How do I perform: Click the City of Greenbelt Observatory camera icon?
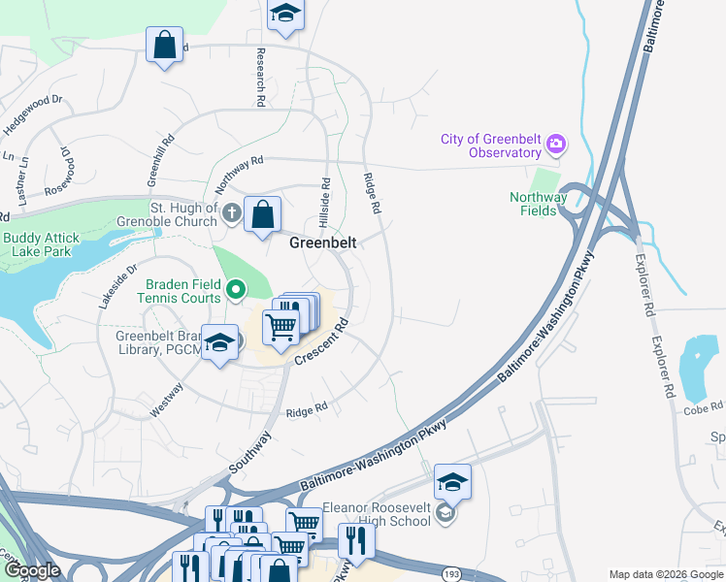(556, 145)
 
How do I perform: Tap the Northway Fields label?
(539, 204)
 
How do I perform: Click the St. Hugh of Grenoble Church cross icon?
(231, 212)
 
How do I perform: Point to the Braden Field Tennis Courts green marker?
(236, 289)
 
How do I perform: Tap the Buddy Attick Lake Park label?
(47, 243)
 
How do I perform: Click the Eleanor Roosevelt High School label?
(377, 513)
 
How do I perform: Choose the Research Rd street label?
(261, 77)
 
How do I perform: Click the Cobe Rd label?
(703, 408)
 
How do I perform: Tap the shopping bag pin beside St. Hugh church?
(263, 214)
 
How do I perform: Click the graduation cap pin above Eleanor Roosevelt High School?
(452, 481)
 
